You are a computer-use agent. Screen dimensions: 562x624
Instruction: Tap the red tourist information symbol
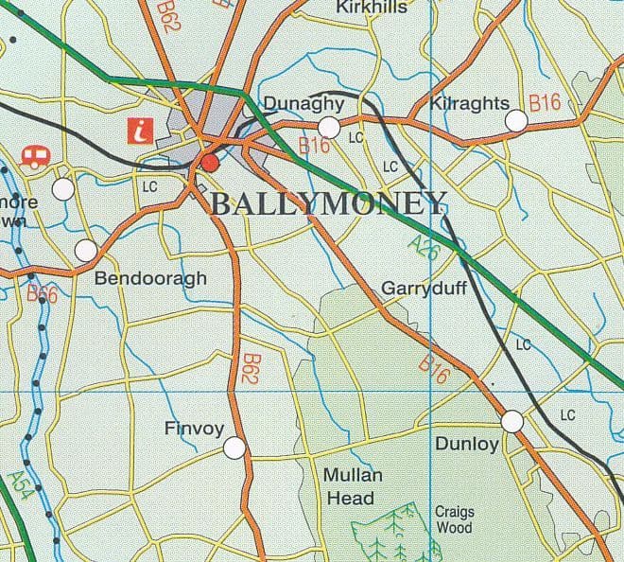[143, 131]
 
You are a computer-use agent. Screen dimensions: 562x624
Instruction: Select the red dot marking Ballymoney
[210, 165]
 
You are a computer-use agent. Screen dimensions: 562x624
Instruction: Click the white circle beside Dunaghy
[329, 127]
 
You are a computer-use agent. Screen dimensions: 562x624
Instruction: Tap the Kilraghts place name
[469, 103]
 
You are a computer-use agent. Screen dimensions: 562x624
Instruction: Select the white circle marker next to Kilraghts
[516, 121]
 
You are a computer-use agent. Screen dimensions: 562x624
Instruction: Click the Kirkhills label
[372, 8]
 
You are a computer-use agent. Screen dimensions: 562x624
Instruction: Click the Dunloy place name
[466, 442]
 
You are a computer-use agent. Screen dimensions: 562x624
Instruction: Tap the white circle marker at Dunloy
[512, 421]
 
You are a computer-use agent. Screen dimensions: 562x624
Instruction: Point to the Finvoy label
[194, 429]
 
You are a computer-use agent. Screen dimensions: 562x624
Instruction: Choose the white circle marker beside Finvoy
[234, 447]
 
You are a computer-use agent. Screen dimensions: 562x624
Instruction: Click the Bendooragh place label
[150, 279]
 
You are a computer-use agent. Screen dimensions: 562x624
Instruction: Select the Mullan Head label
[349, 486]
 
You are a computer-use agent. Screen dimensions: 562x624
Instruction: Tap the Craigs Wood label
[455, 519]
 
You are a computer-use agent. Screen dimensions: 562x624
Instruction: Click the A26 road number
[426, 248]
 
